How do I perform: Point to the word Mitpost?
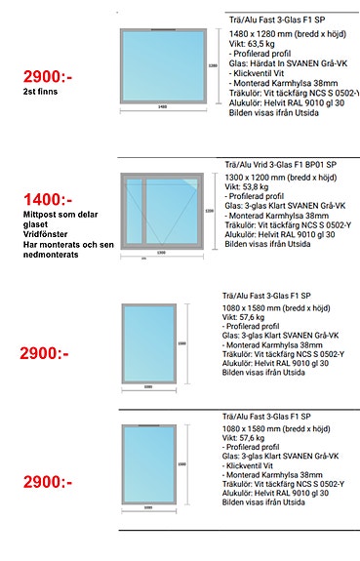click(36, 214)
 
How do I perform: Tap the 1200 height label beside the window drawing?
click(208, 210)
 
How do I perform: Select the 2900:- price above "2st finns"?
click(47, 75)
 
